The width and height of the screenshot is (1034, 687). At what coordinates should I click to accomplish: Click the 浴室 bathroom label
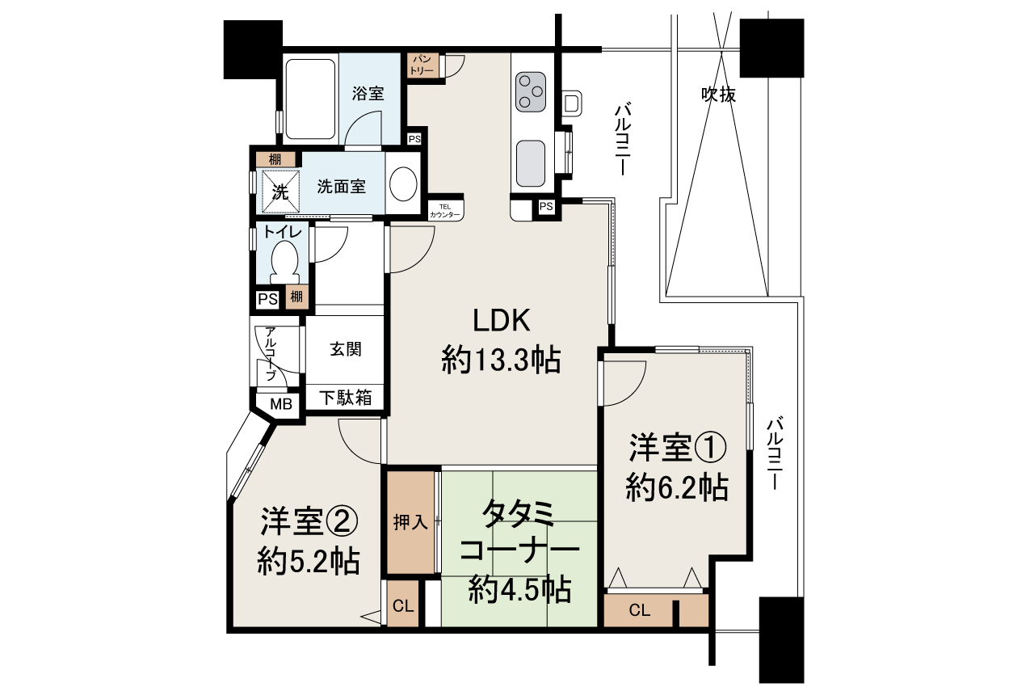point(368,93)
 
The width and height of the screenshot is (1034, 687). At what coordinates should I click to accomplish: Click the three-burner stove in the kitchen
point(532,91)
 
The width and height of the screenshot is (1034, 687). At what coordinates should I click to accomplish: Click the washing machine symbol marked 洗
point(280,192)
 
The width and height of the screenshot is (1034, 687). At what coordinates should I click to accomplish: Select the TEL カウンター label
point(445,210)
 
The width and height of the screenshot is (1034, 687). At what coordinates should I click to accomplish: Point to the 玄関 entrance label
point(345,349)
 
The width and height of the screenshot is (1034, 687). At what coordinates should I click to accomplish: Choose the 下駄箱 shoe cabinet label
point(345,398)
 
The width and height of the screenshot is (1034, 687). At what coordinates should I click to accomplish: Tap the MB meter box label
point(280,404)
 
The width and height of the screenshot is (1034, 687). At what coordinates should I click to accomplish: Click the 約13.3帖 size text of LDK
point(501,360)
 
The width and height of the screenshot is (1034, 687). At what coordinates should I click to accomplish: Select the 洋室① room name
point(678,447)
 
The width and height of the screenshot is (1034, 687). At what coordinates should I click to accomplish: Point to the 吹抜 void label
point(717,95)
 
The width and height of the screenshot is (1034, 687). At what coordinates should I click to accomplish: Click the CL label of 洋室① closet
point(639,611)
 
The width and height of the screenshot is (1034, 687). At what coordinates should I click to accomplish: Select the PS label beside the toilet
point(267,299)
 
